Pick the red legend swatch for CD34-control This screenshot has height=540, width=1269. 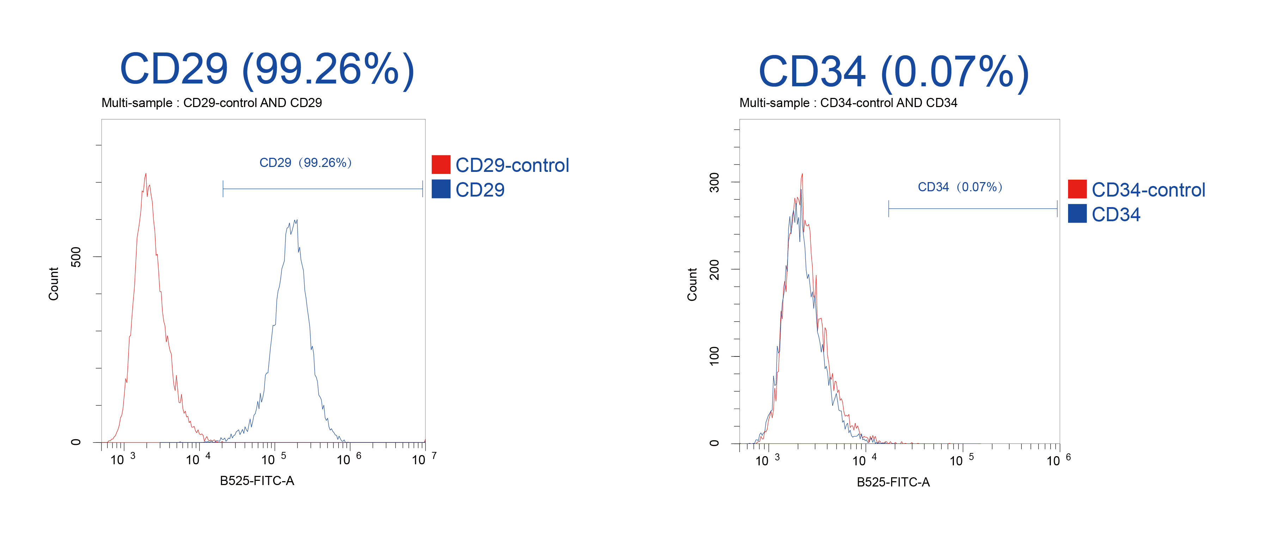(1077, 189)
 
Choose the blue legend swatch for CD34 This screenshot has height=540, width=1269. (1077, 213)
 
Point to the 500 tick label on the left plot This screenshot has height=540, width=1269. (76, 256)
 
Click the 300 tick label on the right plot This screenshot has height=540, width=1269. (714, 182)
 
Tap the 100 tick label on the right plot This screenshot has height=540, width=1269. (714, 356)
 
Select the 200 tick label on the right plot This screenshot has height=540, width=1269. (714, 269)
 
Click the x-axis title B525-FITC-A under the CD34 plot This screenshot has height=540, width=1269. (893, 482)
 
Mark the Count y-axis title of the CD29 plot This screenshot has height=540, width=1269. (53, 284)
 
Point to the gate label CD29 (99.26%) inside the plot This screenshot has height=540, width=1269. (305, 162)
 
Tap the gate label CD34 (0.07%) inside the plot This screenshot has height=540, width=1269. (960, 187)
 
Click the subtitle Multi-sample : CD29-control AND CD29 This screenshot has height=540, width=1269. (211, 103)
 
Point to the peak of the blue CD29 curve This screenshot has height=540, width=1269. (296, 220)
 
